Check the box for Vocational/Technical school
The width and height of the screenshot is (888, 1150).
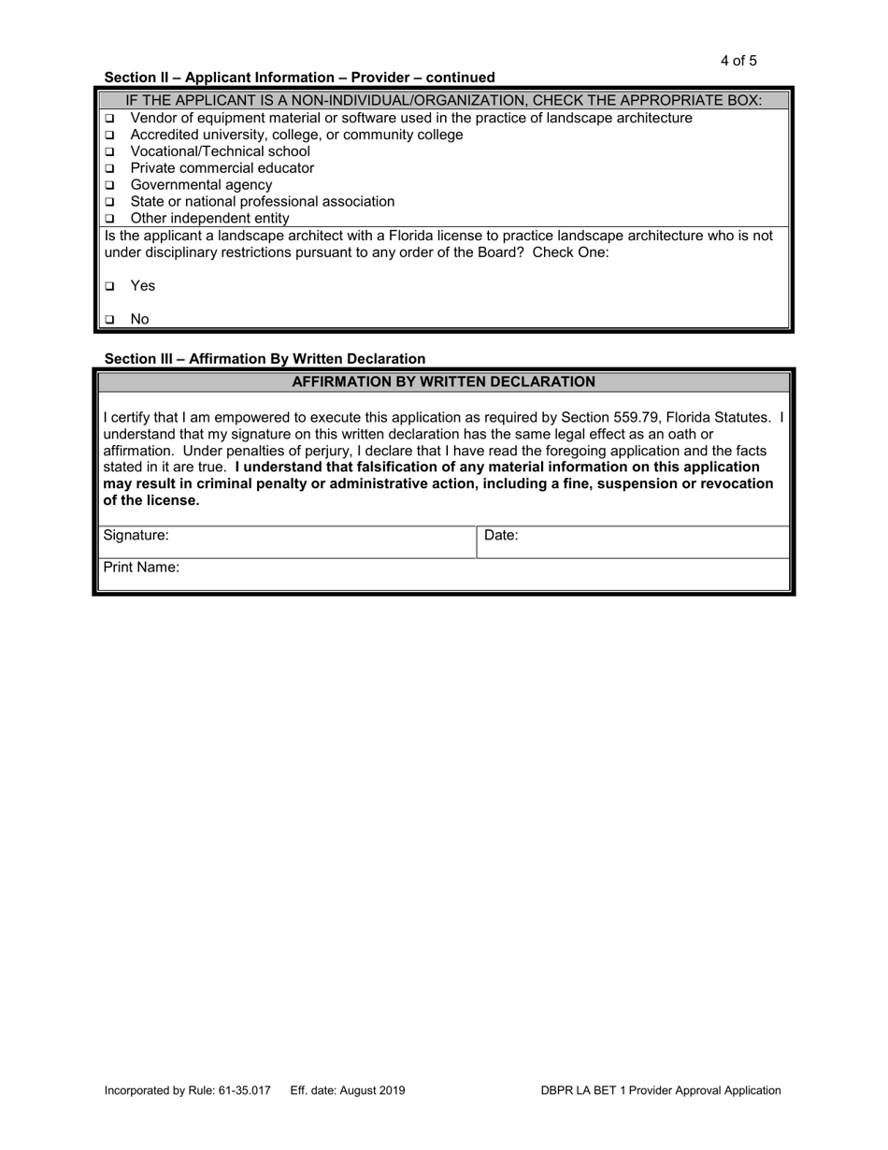tap(109, 151)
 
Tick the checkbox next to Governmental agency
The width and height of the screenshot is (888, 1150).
tap(109, 185)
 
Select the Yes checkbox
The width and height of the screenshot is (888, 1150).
tap(109, 286)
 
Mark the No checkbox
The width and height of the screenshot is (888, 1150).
tap(109, 320)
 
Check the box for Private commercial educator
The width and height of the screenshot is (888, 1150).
tap(109, 168)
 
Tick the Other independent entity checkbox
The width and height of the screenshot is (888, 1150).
tap(109, 219)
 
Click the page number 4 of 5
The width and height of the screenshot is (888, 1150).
tap(738, 62)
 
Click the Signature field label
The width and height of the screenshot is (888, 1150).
tap(136, 536)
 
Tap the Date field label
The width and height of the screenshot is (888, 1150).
tap(501, 536)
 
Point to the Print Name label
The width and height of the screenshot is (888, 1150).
tap(141, 568)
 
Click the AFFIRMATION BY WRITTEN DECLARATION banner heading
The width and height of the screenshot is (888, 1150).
tap(443, 381)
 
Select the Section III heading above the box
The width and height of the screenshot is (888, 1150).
tap(265, 359)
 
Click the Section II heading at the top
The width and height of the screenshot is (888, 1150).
tap(299, 78)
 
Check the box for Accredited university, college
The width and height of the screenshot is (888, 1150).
tap(109, 135)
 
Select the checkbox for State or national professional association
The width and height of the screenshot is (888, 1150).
tap(109, 202)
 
